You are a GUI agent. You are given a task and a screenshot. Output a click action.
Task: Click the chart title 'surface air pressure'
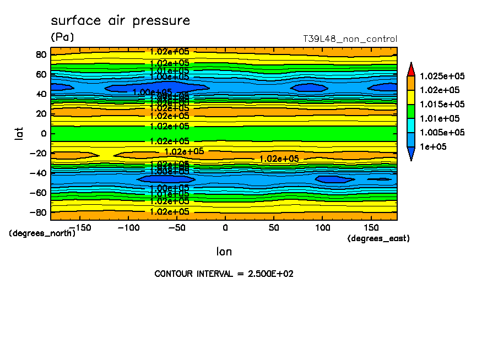120,21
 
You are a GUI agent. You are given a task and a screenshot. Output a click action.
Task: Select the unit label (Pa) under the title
62,37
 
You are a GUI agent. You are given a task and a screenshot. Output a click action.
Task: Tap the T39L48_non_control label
350,39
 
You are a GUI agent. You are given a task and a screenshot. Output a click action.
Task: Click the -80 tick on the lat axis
39,212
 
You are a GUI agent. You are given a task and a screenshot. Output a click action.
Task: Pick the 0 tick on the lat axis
44,133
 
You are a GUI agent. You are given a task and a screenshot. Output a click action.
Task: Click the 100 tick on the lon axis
322,227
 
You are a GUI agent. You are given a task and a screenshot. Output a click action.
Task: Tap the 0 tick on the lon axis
225,227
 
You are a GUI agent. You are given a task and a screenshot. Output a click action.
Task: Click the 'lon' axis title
224,252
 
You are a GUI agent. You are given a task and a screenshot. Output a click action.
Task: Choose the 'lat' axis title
19,132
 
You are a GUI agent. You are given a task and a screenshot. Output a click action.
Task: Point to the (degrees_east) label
378,238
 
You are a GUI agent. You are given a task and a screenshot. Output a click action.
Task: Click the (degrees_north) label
42,233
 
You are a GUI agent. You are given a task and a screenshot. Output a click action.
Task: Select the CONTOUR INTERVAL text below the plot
224,274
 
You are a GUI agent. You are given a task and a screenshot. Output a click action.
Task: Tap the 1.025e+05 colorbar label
442,76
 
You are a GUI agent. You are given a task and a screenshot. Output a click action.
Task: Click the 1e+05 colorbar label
432,147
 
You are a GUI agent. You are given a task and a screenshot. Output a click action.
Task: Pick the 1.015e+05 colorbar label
442,105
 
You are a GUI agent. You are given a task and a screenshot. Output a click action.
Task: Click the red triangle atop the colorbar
410,68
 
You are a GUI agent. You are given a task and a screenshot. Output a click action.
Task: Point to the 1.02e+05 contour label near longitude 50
279,159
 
